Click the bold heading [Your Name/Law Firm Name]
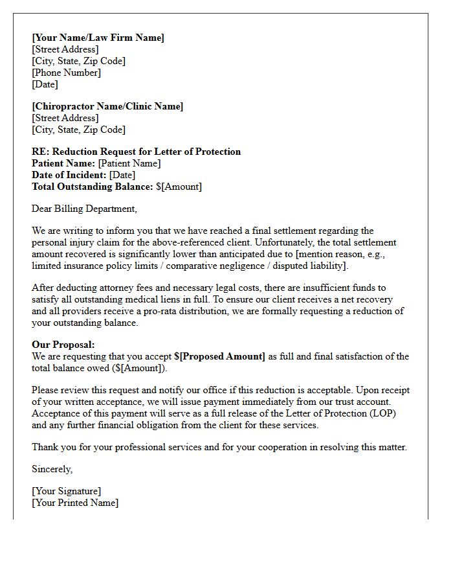point(98,38)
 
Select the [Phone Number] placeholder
point(66,73)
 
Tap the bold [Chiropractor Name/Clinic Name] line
point(107,106)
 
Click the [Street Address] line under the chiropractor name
point(65,118)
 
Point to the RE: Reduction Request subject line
point(136,152)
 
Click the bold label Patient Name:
point(63,163)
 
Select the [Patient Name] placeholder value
point(129,163)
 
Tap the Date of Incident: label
point(69,175)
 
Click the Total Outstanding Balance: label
point(93,187)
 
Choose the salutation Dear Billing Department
point(84,209)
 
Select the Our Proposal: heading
point(63,345)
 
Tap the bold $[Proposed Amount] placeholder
point(219,356)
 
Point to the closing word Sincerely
point(52,469)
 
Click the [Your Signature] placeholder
point(66,491)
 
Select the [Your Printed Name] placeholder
point(75,503)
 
